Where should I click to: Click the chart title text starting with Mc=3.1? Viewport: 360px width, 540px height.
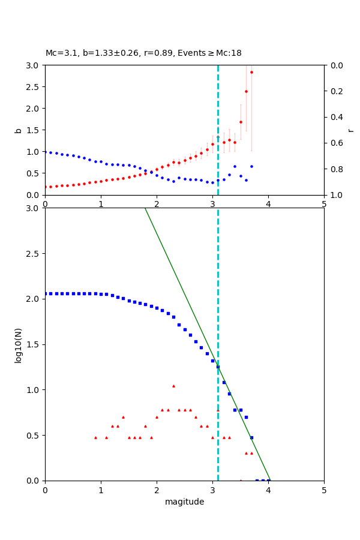pos(143,53)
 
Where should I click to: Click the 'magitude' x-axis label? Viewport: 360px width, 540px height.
pos(184,502)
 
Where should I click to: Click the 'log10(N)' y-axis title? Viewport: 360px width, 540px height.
pos(18,344)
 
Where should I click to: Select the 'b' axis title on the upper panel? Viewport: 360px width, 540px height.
pos(18,130)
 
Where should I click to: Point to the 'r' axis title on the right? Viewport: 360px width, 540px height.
pos(350,130)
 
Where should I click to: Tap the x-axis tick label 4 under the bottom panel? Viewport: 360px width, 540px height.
pos(268,490)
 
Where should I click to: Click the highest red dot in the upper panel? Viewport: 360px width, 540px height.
pos(251,72)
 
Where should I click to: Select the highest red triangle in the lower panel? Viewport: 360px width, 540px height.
pos(173,386)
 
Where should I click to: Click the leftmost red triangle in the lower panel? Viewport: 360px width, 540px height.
pos(95,437)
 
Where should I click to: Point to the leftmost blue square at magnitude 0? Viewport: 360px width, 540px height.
pos(46,293)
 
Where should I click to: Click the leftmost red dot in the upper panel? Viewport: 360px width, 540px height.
pos(46,187)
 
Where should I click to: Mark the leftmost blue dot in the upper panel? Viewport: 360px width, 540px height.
pos(46,152)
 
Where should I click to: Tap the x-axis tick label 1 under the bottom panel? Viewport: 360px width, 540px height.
pos(101,490)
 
